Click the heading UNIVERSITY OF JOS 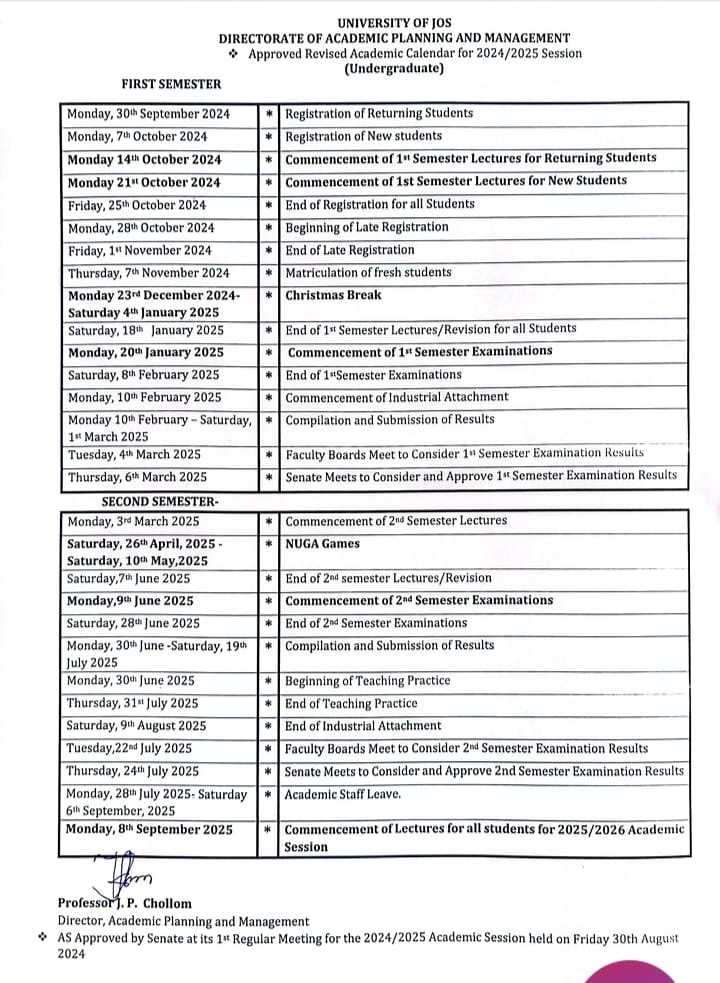pos(394,22)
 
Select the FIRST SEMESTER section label pos(172,84)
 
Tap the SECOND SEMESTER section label pos(160,500)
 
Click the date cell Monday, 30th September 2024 pos(148,114)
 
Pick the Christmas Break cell pos(319,296)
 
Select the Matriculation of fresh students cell pos(368,272)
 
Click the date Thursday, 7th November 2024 pos(148,273)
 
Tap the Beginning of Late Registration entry pos(367,227)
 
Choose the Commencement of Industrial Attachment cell pos(396,398)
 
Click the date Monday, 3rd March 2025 pos(133,522)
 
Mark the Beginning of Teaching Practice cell pos(368,681)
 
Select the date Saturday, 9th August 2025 pos(136,726)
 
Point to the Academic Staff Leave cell pos(344,794)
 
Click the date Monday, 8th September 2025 pos(149,830)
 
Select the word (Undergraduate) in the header pos(394,69)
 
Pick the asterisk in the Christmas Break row pos(269,296)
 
